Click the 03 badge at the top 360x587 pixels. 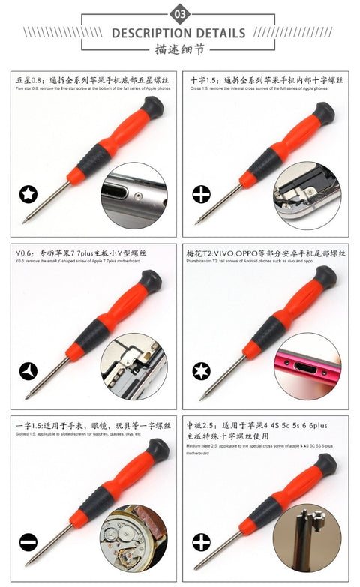pyautogui.click(x=179, y=13)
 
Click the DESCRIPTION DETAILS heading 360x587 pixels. pyautogui.click(x=179, y=33)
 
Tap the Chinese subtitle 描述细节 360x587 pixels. pyautogui.click(x=179, y=50)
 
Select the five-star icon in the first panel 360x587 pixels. pyautogui.click(x=28, y=195)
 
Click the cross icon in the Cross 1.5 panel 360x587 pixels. pyautogui.click(x=201, y=195)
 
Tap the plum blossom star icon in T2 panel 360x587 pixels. pyautogui.click(x=201, y=370)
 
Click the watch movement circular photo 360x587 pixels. pyautogui.click(x=134, y=538)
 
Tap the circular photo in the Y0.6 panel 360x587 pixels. pyautogui.click(x=134, y=367)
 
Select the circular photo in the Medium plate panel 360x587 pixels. pyautogui.click(x=307, y=538)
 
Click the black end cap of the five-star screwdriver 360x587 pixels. pyautogui.click(x=152, y=107)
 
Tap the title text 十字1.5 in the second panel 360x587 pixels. pyautogui.click(x=203, y=79)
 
